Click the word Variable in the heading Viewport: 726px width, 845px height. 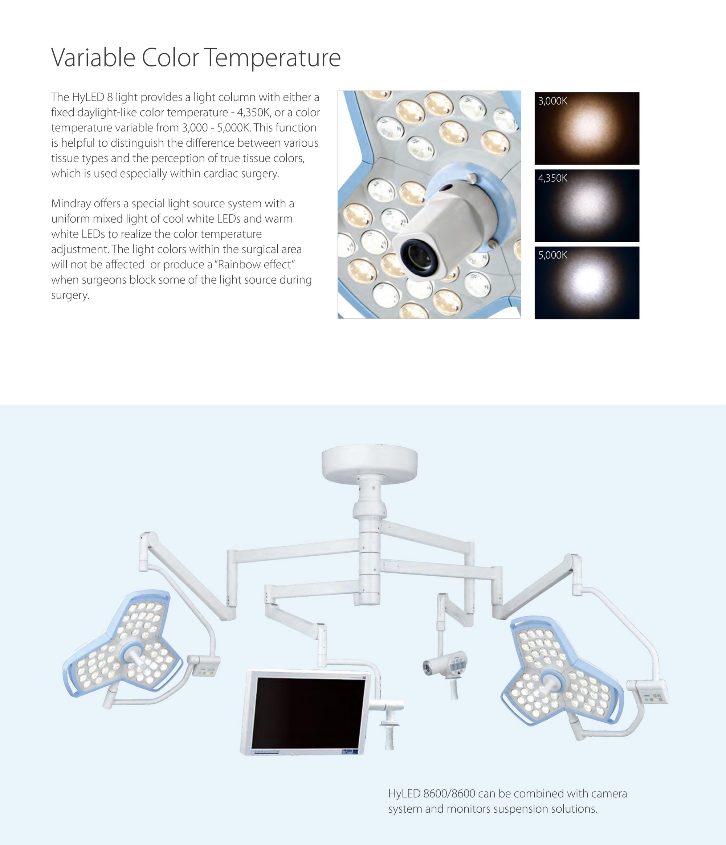[x=93, y=57]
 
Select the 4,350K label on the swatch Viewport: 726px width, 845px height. [x=552, y=178]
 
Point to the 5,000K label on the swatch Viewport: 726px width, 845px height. [x=552, y=255]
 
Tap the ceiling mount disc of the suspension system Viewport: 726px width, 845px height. [x=369, y=465]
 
